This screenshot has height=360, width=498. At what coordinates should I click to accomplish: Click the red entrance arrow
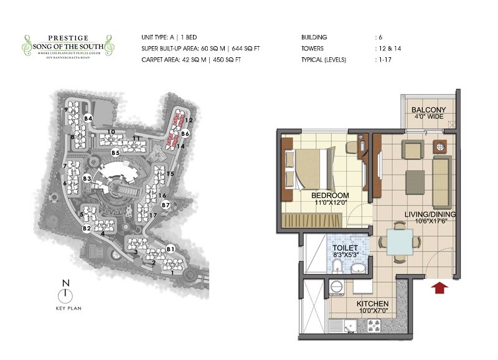click(x=440, y=287)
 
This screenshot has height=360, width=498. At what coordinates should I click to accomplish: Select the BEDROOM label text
click(x=331, y=196)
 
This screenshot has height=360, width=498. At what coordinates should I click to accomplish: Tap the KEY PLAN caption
click(x=66, y=308)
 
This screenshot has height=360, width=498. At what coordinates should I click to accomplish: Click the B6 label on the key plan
click(x=185, y=133)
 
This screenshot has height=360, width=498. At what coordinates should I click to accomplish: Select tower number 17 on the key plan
click(x=153, y=216)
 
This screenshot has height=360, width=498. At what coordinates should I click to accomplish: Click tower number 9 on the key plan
click(x=65, y=111)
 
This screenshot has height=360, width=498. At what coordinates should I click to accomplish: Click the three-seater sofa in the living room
click(x=441, y=175)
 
